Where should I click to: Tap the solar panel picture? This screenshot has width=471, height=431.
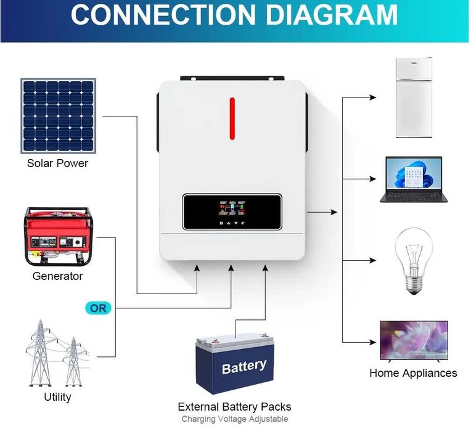(x=59, y=115)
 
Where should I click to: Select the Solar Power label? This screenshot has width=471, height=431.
(x=57, y=163)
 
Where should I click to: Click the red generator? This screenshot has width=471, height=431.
(x=58, y=236)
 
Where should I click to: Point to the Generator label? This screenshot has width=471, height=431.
(x=57, y=276)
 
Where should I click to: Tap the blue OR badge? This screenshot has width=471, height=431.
(x=98, y=308)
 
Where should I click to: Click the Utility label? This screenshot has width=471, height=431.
(x=57, y=396)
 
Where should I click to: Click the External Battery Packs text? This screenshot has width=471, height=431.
(x=234, y=407)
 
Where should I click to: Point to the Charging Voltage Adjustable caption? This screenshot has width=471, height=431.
(x=234, y=419)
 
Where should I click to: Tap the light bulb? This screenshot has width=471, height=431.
(x=413, y=260)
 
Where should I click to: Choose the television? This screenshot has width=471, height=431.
(x=414, y=341)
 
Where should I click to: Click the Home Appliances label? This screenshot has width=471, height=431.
(x=413, y=373)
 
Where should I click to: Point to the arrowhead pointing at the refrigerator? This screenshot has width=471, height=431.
(x=372, y=97)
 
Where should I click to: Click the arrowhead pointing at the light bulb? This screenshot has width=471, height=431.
(x=372, y=261)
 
